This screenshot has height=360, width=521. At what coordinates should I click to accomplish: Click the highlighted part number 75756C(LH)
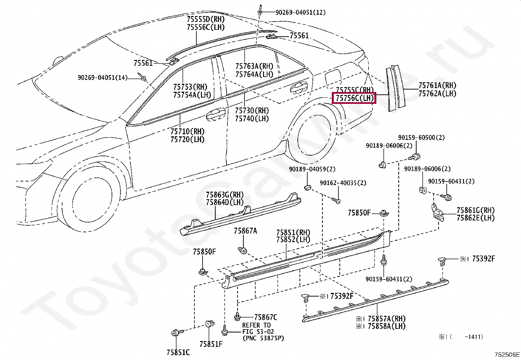[354, 98]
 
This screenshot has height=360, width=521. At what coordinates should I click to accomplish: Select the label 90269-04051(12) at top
[300, 12]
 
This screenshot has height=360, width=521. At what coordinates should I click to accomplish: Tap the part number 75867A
[245, 231]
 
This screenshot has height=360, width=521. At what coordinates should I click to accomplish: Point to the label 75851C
[178, 352]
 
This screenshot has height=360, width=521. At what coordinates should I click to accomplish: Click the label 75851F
[211, 344]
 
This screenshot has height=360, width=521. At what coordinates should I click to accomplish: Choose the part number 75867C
[265, 317]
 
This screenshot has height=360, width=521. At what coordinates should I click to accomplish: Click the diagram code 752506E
[507, 354]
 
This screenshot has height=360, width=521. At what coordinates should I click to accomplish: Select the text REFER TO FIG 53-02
[257, 329]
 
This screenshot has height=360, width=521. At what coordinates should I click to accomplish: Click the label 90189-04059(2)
[312, 169]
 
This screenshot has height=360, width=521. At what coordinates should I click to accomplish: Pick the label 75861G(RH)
[476, 210]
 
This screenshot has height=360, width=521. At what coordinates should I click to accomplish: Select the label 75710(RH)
[187, 131]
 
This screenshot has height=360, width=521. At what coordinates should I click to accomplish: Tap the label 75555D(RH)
[206, 19]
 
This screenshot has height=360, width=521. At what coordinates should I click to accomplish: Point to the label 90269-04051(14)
[102, 78]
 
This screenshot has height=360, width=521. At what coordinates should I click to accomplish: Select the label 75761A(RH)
[437, 85]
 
